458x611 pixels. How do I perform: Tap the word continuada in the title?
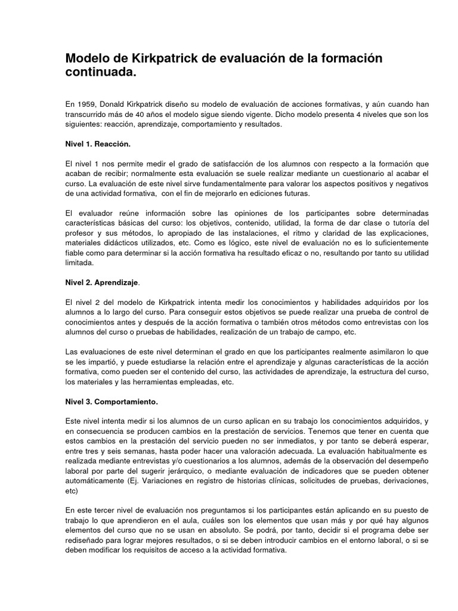[98, 73]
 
